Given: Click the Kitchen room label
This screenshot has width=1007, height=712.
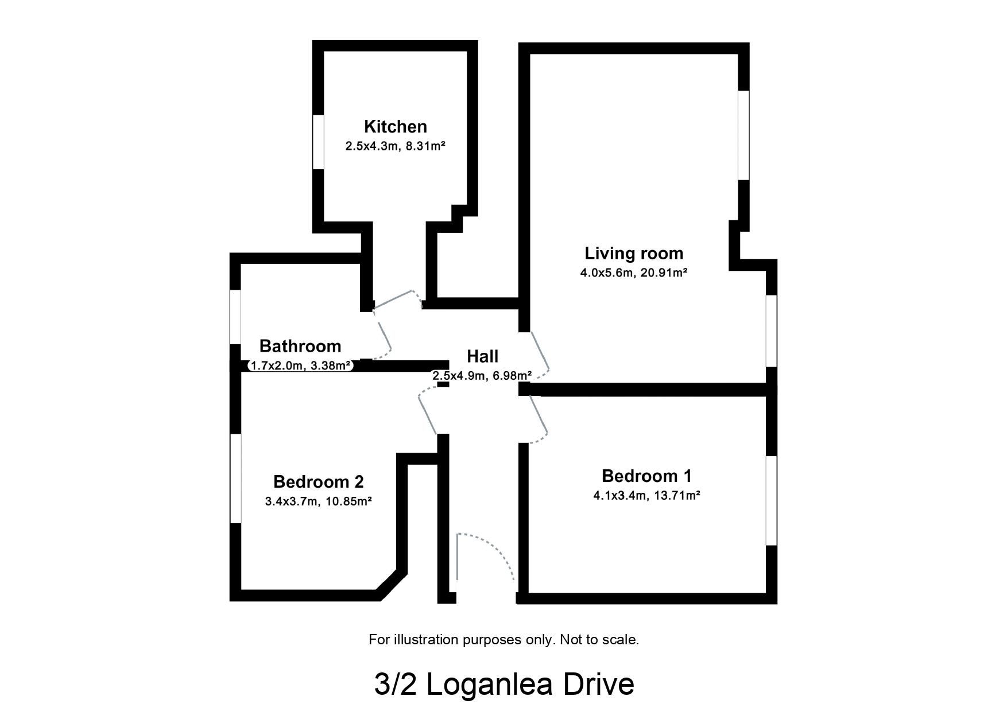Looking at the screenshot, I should pos(395,127).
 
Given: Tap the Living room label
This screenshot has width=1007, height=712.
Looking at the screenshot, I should pos(633,253).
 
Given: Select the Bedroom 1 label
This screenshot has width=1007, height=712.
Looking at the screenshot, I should pos(646,476).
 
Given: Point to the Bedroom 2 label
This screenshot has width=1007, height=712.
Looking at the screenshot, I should pos(318,481).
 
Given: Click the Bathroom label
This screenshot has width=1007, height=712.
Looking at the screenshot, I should pos(300,346).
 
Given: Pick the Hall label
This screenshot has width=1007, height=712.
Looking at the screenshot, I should pos(482,356).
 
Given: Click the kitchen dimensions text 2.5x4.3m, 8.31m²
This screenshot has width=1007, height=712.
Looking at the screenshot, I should pos(395,146).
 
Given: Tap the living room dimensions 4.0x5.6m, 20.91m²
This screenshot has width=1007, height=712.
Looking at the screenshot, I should pos(633,273).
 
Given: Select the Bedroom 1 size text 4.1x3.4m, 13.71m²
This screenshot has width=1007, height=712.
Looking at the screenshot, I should pos(646,495).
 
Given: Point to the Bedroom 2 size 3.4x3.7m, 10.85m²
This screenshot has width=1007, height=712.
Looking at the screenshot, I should pos(318,501).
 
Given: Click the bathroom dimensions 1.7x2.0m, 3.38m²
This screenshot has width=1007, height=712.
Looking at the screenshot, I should pos(301,365).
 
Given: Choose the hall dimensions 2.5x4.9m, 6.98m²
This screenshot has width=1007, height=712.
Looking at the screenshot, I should pos(482,376).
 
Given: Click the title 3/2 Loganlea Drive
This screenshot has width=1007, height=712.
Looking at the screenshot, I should pos(503,684).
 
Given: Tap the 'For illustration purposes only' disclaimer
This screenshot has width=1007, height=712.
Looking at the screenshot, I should pos(503,639).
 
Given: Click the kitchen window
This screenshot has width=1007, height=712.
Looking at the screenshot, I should pos(318,142).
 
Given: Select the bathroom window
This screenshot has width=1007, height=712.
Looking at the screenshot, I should pos(235,317).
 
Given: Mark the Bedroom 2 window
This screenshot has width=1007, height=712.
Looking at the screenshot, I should pos(235,478).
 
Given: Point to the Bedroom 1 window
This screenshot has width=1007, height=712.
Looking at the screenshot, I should pos(772,500).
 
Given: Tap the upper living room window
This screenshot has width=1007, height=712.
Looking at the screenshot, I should pos(743,135).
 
